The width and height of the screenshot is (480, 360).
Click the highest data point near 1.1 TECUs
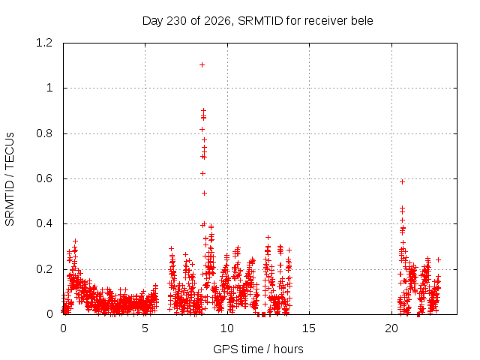point(202,65)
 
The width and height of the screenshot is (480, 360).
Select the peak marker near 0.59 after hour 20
point(402,181)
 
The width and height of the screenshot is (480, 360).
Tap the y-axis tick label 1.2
point(44,43)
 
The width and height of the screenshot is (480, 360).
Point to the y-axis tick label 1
point(49,88)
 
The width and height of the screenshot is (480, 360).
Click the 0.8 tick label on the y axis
point(44,133)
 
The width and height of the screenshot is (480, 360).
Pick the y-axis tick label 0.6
point(44,178)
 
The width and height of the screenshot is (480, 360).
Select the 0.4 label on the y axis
point(44,223)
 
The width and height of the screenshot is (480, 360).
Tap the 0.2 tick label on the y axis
point(44,269)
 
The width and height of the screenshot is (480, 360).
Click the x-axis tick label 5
point(145,328)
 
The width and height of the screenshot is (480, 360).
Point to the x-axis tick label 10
point(226,328)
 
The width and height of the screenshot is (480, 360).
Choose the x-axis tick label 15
point(309,328)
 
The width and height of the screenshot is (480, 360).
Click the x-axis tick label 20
point(391,328)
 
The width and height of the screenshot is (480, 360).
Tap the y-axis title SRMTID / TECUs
point(10,179)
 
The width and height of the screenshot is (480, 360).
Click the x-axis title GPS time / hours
point(258,349)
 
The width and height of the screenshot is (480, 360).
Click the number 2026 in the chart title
point(217,21)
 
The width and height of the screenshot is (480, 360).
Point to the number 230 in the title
point(177,21)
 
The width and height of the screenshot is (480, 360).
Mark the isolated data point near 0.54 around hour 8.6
point(204,193)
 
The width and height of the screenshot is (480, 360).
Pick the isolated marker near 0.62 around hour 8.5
point(202,173)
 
